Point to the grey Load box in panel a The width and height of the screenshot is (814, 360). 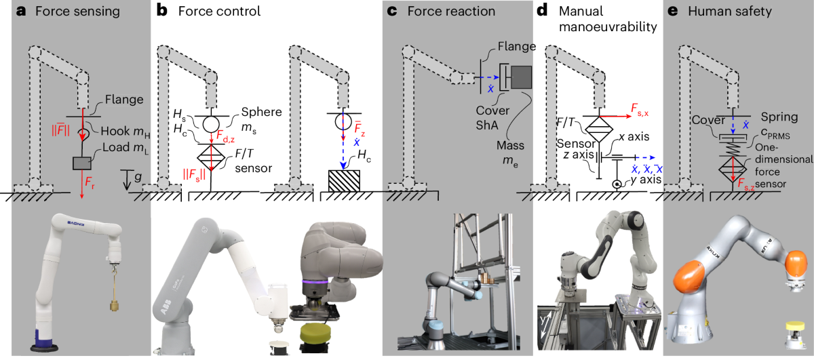(84, 163)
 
